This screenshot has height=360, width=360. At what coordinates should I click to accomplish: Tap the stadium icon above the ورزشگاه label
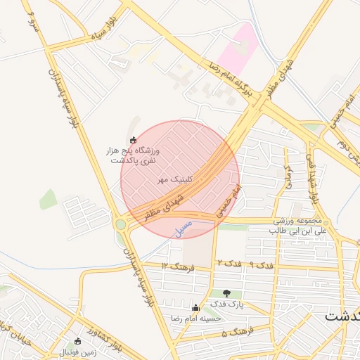click(134, 139)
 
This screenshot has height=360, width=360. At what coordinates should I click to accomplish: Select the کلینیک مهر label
click(174, 180)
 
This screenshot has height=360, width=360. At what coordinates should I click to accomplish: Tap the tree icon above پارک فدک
click(226, 293)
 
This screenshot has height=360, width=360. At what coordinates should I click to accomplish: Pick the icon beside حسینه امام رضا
click(195, 307)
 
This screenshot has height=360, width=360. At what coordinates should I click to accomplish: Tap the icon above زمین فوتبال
click(78, 340)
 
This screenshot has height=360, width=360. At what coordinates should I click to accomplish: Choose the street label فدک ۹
click(262, 266)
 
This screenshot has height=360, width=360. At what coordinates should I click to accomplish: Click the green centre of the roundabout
click(121, 225)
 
